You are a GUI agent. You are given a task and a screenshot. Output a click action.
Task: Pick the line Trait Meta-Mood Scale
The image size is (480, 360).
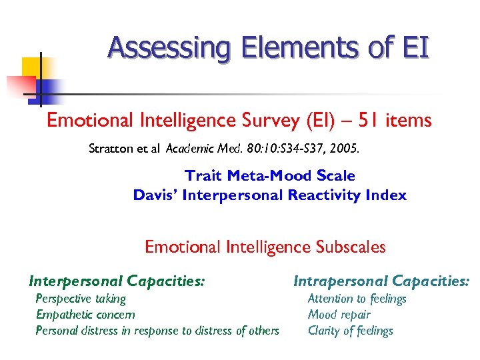(x=269, y=176)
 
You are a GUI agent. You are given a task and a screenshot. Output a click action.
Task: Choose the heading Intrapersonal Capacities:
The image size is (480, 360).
(x=381, y=282)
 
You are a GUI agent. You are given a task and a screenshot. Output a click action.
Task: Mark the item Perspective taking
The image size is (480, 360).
(x=80, y=299)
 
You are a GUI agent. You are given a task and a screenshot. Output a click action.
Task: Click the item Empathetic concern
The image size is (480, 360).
(x=85, y=315)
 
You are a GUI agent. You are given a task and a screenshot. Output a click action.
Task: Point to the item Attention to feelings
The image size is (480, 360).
(x=357, y=299)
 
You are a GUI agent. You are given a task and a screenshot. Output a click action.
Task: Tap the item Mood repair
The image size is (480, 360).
(x=339, y=315)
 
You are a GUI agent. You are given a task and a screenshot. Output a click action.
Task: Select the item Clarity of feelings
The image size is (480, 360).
(x=350, y=331)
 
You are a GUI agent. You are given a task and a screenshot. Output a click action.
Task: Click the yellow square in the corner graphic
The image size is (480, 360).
(x=32, y=67)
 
